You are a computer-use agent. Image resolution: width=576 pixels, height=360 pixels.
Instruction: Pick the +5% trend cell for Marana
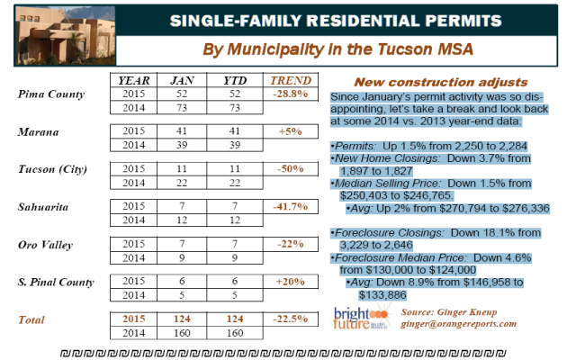click(290, 131)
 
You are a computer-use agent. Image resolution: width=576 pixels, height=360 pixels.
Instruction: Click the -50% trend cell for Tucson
click(290, 169)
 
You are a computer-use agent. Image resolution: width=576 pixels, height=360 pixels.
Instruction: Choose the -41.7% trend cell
click(290, 207)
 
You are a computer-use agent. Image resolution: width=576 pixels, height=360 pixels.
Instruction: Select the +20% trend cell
click(290, 282)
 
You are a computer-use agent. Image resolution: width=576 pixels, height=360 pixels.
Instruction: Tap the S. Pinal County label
click(56, 282)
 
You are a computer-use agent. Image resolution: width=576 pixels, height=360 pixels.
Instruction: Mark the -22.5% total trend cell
click(290, 319)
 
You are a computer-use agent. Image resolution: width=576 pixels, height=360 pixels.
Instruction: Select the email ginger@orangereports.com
click(458, 324)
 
